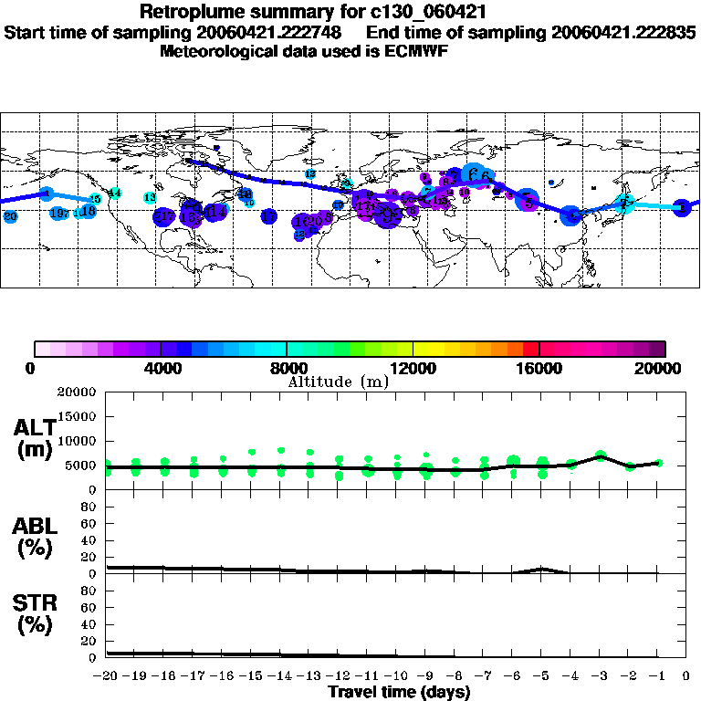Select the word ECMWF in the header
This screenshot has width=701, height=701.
416,51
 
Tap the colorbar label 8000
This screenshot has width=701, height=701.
287,368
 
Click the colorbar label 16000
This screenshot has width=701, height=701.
539,368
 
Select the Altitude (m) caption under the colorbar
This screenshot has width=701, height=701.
338,382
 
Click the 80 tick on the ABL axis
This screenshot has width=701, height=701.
90,507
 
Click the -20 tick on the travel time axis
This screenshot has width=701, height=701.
106,677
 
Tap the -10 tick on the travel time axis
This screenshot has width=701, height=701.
396,677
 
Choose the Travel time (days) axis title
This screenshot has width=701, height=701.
399,693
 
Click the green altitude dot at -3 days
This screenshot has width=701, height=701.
600,455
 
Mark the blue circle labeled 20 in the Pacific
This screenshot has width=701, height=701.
10,217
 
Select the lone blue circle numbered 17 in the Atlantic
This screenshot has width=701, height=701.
268,216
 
